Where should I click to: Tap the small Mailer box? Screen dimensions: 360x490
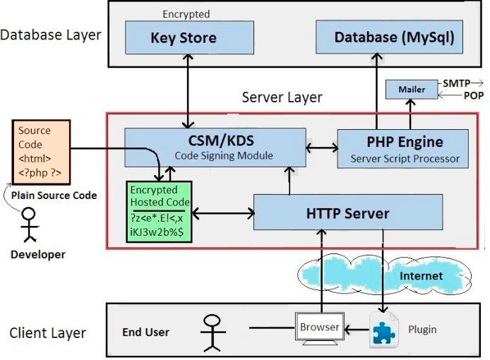pos(412,90)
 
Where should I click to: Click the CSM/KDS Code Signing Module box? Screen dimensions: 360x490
pos(215,147)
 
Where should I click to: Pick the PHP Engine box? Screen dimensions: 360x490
pos(403,149)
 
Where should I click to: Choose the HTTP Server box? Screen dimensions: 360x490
pos(348,212)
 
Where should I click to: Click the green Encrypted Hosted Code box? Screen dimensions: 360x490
pos(160,212)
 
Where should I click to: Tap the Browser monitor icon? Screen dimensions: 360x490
pos(320,329)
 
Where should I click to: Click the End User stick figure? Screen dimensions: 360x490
pos(213,332)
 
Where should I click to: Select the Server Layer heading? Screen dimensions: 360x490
pos(282,97)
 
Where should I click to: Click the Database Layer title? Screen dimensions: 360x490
pos(51,35)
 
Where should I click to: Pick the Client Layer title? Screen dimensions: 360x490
pos(48,333)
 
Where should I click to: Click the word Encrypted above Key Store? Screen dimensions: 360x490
pos(186,13)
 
